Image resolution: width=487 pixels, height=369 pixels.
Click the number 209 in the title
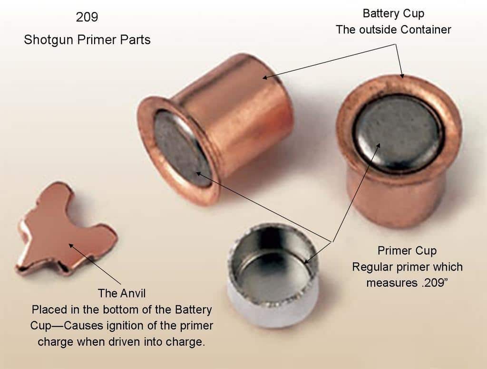(x=87, y=17)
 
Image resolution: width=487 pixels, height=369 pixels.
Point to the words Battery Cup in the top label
(x=393, y=13)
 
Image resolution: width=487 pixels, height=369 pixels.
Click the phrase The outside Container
(x=393, y=29)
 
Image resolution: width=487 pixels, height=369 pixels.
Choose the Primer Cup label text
(x=407, y=250)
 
